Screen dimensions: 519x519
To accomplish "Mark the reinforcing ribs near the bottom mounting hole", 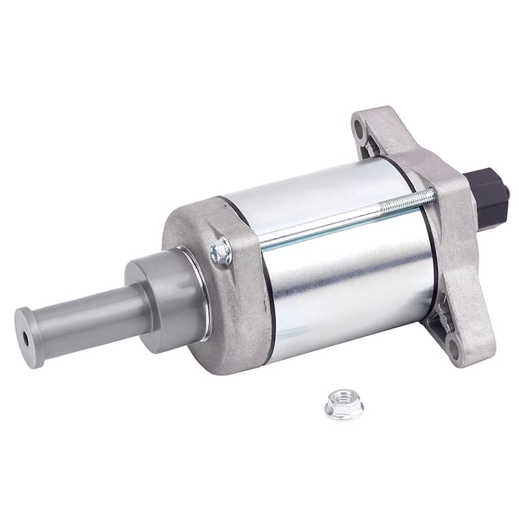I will (x=444, y=318).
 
